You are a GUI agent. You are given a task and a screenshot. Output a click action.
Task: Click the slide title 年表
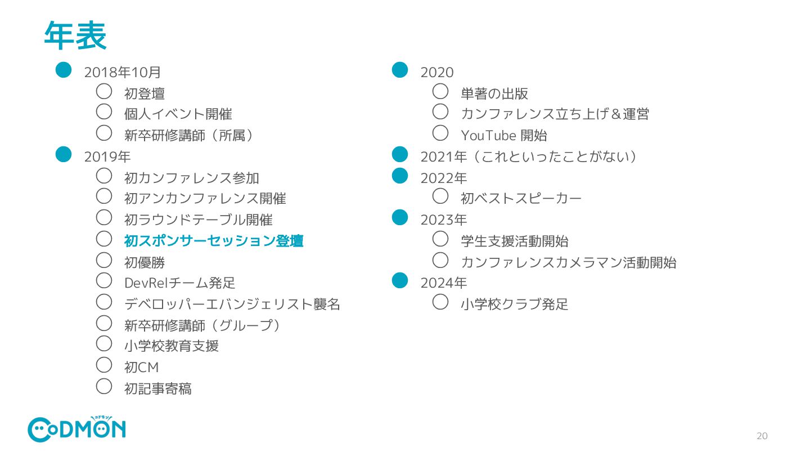75,35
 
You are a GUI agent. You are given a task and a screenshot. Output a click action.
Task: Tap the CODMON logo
76,430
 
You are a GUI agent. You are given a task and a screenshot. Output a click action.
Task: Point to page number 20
762,436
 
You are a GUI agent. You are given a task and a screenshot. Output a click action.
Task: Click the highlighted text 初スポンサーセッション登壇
214,241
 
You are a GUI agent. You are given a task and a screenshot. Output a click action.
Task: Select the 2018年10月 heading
123,72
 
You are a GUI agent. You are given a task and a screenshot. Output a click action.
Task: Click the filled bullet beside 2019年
64,154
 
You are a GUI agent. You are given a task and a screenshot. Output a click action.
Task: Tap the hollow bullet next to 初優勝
104,260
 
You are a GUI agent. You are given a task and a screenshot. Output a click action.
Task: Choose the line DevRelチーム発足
179,283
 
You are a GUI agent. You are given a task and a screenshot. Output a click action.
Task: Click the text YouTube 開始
503,135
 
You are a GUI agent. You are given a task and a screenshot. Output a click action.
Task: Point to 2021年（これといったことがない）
528,157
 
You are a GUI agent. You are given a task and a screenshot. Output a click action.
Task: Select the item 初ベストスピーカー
521,198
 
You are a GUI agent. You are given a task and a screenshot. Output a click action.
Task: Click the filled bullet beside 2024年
399,280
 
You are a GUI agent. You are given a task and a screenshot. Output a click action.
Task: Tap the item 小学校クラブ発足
514,304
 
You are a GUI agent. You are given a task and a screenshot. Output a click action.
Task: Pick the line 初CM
141,368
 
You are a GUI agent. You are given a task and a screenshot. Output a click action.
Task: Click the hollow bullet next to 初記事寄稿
104,386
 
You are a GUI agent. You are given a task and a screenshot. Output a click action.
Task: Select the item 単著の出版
494,93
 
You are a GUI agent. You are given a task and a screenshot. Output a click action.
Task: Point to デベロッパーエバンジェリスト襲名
232,304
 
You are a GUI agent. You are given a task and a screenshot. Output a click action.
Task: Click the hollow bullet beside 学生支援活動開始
440,239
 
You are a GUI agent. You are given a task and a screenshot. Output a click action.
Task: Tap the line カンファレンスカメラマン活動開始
568,262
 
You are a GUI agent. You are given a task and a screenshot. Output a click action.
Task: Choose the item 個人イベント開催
178,114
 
